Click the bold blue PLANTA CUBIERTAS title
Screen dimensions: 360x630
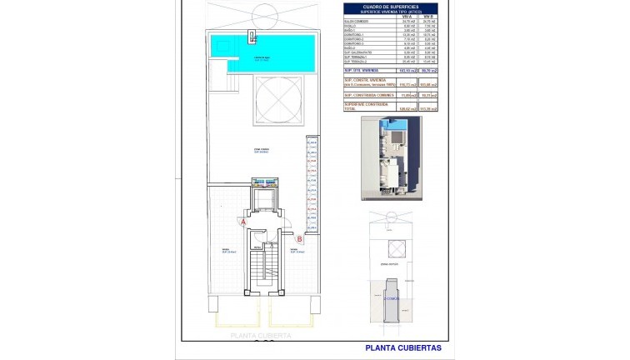click(403, 347)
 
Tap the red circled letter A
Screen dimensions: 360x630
click(242, 222)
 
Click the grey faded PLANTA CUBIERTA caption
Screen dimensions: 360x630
click(261, 335)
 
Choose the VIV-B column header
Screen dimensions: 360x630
click(428, 17)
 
